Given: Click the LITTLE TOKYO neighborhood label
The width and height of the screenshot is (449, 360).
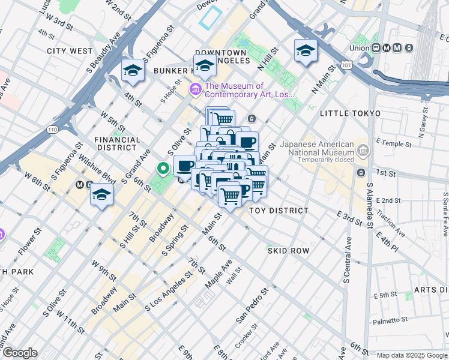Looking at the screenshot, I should tap(350, 113).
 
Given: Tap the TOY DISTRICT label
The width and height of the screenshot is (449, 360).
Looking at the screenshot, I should tap(279, 211).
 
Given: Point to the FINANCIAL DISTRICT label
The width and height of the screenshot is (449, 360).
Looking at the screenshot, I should tap(118, 143).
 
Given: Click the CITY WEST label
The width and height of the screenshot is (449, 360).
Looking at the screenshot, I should tap(70, 51).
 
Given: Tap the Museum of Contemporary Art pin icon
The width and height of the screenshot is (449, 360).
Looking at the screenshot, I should tap(195, 90).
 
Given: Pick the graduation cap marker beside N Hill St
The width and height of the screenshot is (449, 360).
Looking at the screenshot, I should tap(306, 52).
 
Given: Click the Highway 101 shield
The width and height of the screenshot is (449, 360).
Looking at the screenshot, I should tap(346, 63).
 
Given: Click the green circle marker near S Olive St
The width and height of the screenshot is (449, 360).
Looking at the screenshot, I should tap(162, 169).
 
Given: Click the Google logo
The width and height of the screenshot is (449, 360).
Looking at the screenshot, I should tap(20, 353).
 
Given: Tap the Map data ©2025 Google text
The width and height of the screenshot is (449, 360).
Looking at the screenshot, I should tap(412, 355).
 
